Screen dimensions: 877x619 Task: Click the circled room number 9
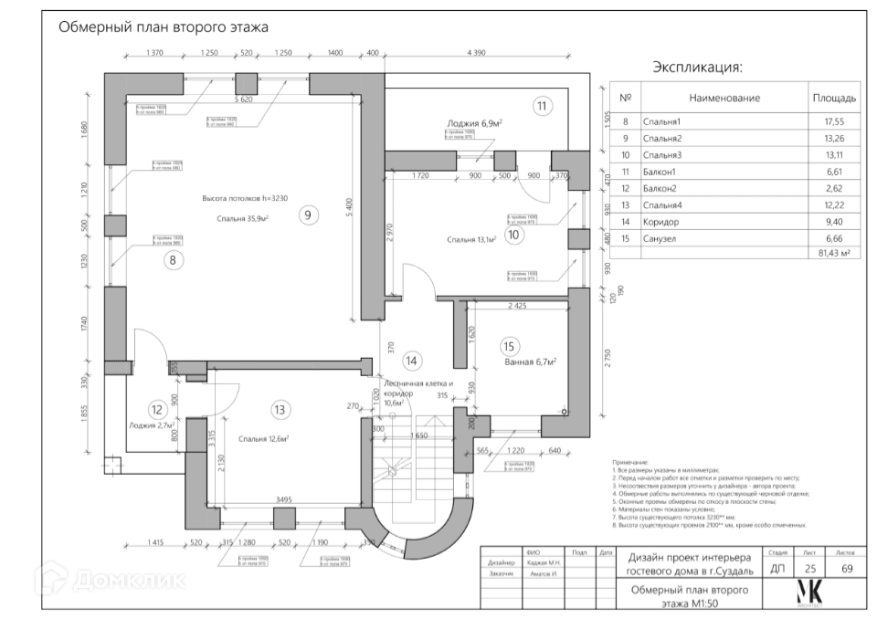(x=308, y=215)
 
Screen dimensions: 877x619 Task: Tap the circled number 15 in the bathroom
(x=509, y=346)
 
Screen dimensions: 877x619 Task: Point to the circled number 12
(x=157, y=410)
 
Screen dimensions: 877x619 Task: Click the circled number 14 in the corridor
(x=411, y=361)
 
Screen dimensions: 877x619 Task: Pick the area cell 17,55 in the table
(x=833, y=121)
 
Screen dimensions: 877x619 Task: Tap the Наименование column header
(x=724, y=98)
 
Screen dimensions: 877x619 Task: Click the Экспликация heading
(x=696, y=67)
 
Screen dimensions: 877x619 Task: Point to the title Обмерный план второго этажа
(x=164, y=27)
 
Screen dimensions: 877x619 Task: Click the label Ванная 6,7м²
(x=531, y=362)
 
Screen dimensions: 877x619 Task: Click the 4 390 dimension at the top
(x=476, y=53)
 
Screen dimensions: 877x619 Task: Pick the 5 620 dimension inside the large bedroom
(x=243, y=99)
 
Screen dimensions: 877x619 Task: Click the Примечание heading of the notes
(x=629, y=463)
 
